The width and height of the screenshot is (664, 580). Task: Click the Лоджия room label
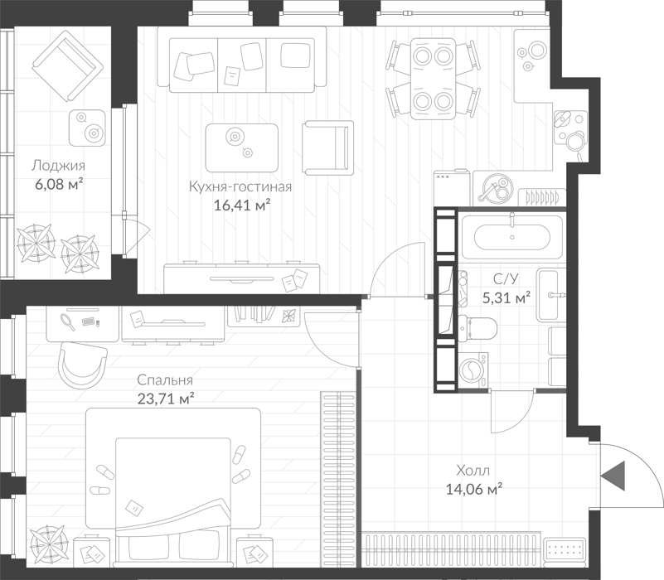pos(58,166)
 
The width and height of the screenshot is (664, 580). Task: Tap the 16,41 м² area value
pos(242,205)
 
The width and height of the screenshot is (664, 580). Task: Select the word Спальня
pos(165,380)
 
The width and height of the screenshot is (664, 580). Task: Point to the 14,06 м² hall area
pos(474,490)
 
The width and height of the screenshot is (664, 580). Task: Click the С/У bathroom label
pos(506,279)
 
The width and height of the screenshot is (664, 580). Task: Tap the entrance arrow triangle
pos(613,476)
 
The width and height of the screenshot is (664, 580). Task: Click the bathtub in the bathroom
pos(512,237)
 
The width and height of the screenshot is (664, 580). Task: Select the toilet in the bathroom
pos(477,329)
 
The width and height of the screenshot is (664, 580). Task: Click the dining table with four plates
pos(433,79)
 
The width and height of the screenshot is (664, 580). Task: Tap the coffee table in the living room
pos(242,147)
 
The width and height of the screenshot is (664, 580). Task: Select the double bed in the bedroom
pos(173,487)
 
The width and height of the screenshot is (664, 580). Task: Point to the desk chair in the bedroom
pos(83,365)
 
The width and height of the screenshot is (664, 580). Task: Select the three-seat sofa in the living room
pos(242,60)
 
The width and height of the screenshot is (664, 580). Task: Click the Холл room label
pos(473,471)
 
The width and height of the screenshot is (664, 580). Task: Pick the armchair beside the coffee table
pos(327,147)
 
